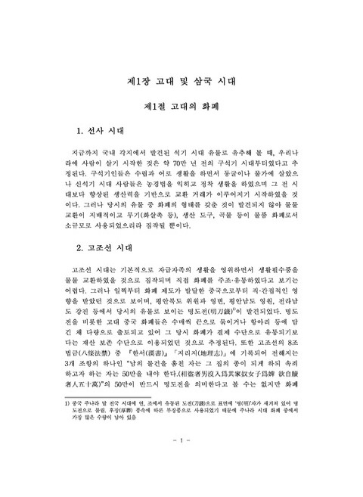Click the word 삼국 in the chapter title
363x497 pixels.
tap(200, 80)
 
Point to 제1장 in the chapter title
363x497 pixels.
tap(138, 80)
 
